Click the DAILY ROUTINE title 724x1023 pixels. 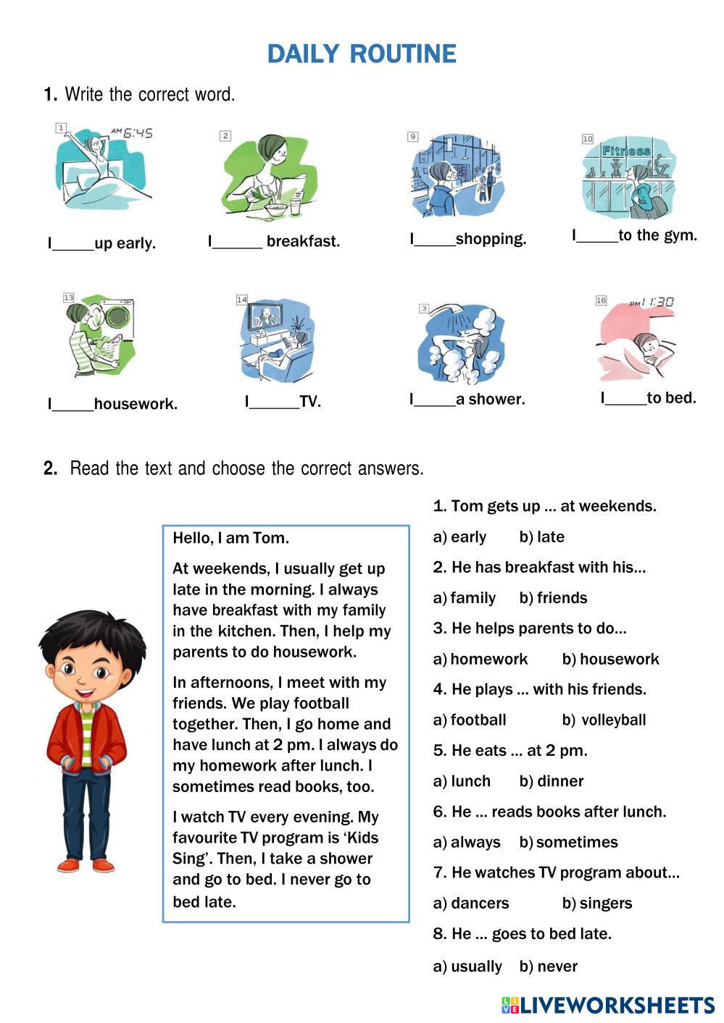[x=362, y=54]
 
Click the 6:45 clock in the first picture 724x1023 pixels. [x=132, y=132]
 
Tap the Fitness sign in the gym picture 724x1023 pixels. [x=626, y=151]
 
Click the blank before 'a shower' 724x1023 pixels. [x=434, y=400]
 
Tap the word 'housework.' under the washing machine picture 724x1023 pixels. [x=136, y=404]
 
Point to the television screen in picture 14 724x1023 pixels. [x=266, y=315]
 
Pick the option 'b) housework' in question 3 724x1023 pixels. [x=610, y=659]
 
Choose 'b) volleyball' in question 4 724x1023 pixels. [x=604, y=720]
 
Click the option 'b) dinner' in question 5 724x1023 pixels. [x=551, y=781]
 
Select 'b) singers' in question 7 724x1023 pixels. [x=596, y=904]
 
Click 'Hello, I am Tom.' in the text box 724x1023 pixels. [x=230, y=538]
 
